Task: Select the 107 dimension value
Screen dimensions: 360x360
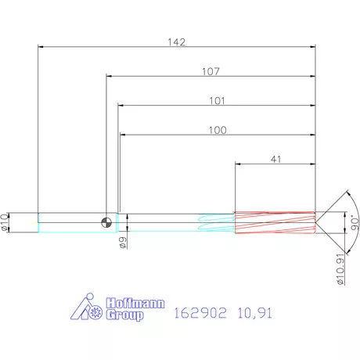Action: pyautogui.click(x=210, y=71)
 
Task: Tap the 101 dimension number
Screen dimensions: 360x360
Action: pyautogui.click(x=217, y=101)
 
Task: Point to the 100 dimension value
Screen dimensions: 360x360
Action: pyautogui.click(x=217, y=129)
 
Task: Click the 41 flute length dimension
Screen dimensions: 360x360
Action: pyautogui.click(x=275, y=159)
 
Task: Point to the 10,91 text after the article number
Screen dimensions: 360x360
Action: pyautogui.click(x=255, y=313)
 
